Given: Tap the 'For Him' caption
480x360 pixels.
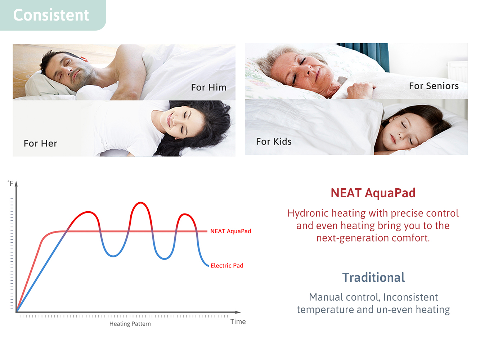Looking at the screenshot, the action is pyautogui.click(x=208, y=87).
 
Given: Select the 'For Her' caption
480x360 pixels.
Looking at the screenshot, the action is pyautogui.click(x=40, y=143).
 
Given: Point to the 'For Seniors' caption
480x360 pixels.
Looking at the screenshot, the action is pyautogui.click(x=434, y=86).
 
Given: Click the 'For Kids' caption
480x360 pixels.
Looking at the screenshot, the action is pyautogui.click(x=274, y=141).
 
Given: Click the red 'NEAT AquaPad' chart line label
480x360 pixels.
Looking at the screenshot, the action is pyautogui.click(x=231, y=231).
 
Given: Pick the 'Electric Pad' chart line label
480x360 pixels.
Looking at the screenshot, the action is pyautogui.click(x=227, y=266).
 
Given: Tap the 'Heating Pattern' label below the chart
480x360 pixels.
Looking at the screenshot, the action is pyautogui.click(x=130, y=324).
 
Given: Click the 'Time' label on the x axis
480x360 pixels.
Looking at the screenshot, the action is pyautogui.click(x=238, y=322).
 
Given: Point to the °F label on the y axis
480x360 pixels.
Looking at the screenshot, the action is pyautogui.click(x=10, y=183).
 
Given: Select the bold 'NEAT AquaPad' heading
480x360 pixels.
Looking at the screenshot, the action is pyautogui.click(x=373, y=193).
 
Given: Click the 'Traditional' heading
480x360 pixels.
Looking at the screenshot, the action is pyautogui.click(x=373, y=277).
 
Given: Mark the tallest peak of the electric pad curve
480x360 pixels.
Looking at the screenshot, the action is pyautogui.click(x=140, y=203).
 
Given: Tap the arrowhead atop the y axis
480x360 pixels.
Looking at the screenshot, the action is pyautogui.click(x=16, y=184).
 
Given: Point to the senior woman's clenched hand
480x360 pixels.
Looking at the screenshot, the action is pyautogui.click(x=360, y=89).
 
